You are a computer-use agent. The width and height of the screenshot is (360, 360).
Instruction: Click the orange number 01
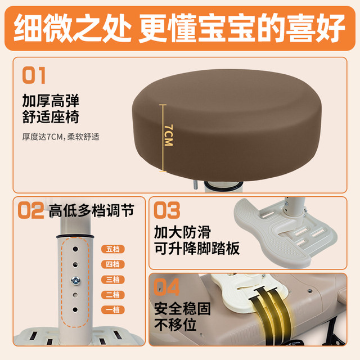point(34,75)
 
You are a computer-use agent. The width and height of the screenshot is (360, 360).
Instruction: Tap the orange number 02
point(30,211)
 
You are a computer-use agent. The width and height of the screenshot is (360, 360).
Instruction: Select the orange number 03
point(167,210)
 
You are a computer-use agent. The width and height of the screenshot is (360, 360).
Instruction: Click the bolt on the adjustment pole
point(74,279)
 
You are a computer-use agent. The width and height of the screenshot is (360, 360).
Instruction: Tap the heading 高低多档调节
point(91,211)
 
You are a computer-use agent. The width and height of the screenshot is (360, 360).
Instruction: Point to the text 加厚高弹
point(51,102)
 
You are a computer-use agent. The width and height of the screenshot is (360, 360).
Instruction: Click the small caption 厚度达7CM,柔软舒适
point(61,136)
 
